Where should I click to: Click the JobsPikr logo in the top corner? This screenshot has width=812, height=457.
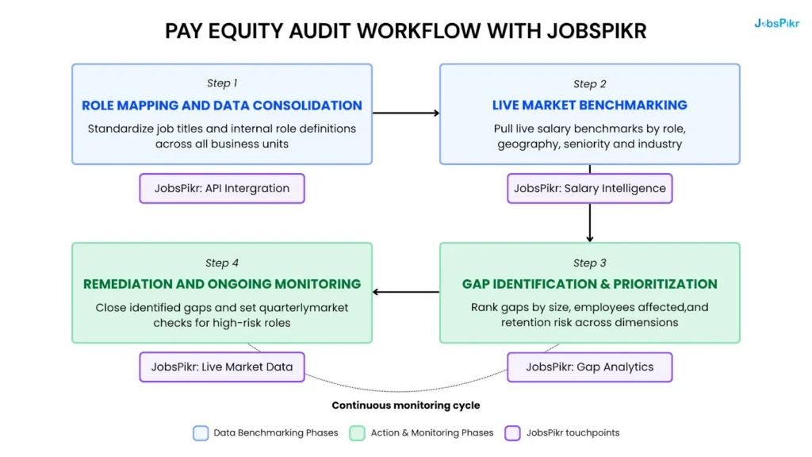click(x=776, y=24)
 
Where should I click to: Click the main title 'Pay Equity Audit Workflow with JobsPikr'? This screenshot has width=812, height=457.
click(x=405, y=31)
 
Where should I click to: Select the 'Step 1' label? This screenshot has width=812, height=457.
click(x=222, y=83)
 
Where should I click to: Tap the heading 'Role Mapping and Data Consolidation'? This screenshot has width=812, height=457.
click(x=222, y=106)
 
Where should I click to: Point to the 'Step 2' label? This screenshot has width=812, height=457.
click(x=589, y=83)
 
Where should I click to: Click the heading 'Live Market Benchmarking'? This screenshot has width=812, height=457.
click(x=589, y=106)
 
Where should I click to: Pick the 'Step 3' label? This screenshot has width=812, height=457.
click(x=589, y=263)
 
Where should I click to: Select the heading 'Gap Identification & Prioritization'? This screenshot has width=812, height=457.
click(x=589, y=284)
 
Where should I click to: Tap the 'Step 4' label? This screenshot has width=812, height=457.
click(x=222, y=263)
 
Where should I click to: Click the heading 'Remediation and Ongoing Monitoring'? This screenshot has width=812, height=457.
click(x=222, y=284)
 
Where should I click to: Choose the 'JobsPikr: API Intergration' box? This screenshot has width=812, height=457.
click(x=222, y=189)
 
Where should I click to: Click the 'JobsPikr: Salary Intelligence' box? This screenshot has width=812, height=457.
click(x=589, y=189)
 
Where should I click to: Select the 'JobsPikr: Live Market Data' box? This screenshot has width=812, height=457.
click(x=222, y=367)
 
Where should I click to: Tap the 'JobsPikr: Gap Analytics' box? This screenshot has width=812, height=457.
click(x=589, y=367)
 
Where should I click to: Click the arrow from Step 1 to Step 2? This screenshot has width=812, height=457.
click(x=406, y=113)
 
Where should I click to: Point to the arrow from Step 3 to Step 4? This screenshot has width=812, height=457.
click(x=406, y=292)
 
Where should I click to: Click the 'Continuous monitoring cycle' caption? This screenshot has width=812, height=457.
click(x=405, y=405)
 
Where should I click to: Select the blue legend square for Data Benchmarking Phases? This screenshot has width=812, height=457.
click(x=201, y=433)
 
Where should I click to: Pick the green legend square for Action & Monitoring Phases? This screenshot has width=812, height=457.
click(x=358, y=433)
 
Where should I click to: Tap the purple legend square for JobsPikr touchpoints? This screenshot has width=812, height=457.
click(x=512, y=433)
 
